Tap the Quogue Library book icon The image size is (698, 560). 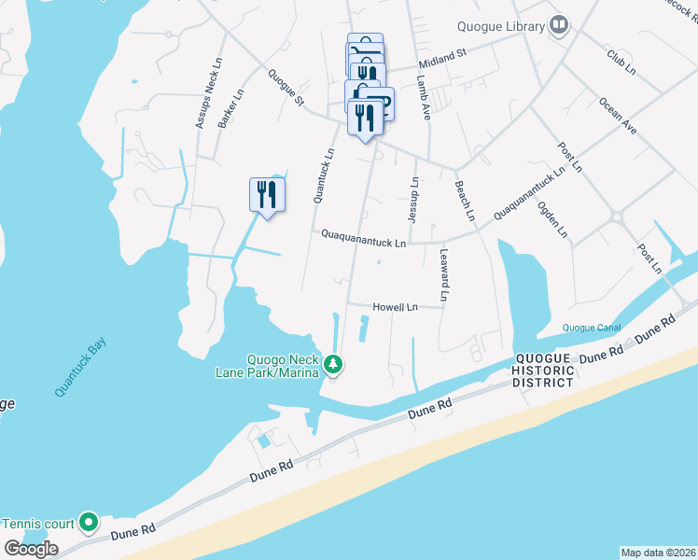pyautogui.click(x=559, y=24)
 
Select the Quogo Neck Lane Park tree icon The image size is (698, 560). pyautogui.click(x=333, y=364)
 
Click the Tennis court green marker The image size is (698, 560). pyautogui.click(x=89, y=521)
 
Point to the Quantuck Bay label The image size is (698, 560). pyautogui.click(x=80, y=369)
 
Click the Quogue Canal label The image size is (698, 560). pyautogui.click(x=592, y=327)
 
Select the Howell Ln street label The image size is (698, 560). pyautogui.click(x=395, y=306)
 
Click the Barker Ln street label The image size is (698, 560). pyautogui.click(x=230, y=109)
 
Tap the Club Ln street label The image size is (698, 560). pyautogui.click(x=621, y=63)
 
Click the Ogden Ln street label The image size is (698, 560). pyautogui.click(x=552, y=219)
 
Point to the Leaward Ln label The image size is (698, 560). pyautogui.click(x=445, y=276)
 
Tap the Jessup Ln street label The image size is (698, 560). pyautogui.click(x=413, y=201)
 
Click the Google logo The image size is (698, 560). pyautogui.click(x=31, y=549)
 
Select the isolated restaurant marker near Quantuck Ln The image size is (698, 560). pyautogui.click(x=268, y=195)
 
